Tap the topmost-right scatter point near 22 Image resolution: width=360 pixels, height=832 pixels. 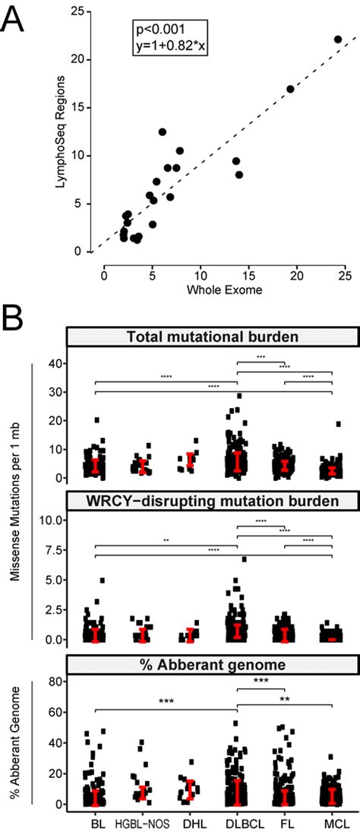(x=338, y=39)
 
